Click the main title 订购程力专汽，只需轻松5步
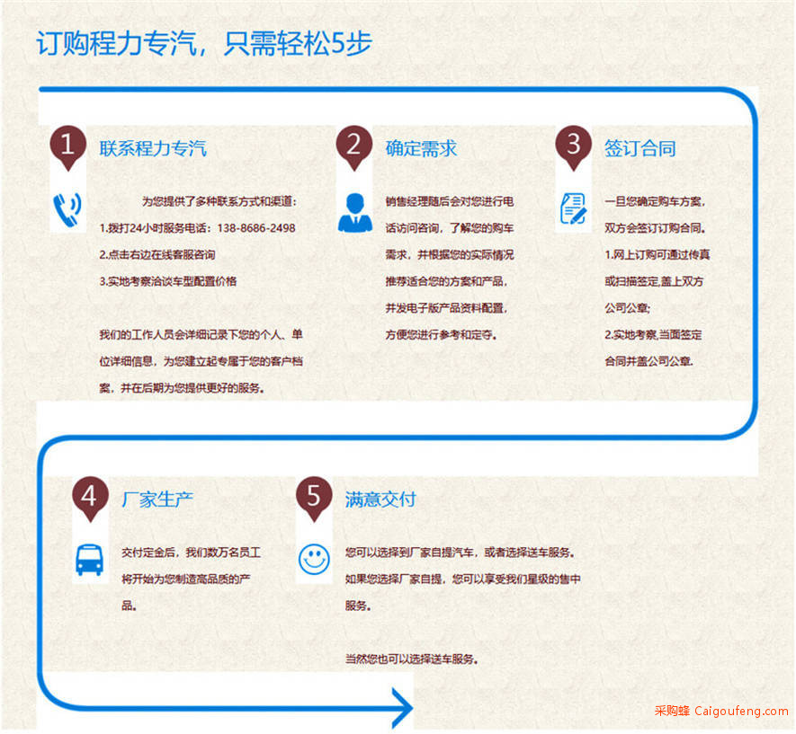[x=204, y=43]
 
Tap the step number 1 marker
[x=68, y=147]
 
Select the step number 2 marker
[x=354, y=147]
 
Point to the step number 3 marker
[x=574, y=147]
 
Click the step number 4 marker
[x=90, y=499]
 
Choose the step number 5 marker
[x=314, y=499]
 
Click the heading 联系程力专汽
[x=153, y=148]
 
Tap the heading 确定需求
[x=421, y=148]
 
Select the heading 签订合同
[x=640, y=148]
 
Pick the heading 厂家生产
[x=157, y=500]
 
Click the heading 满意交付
[x=380, y=500]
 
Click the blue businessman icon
[x=355, y=213]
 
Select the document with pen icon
[x=574, y=208]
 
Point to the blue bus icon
[x=89, y=560]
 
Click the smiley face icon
[x=314, y=560]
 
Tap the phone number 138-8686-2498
[x=256, y=228]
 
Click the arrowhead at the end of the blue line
[x=403, y=708]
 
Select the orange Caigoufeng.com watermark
[x=721, y=711]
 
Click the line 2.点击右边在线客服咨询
[x=157, y=254]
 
